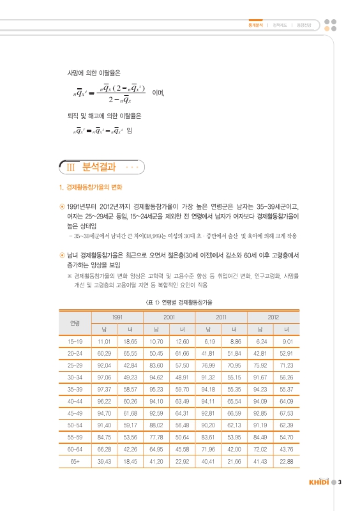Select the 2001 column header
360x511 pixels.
(x=170, y=317)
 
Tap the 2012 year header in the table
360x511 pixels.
(x=273, y=317)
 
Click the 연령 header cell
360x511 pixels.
(x=75, y=323)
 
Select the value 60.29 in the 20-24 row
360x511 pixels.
(x=105, y=352)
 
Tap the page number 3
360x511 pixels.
(x=340, y=482)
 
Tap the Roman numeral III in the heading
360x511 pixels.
(x=71, y=169)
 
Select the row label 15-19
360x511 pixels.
(x=75, y=340)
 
